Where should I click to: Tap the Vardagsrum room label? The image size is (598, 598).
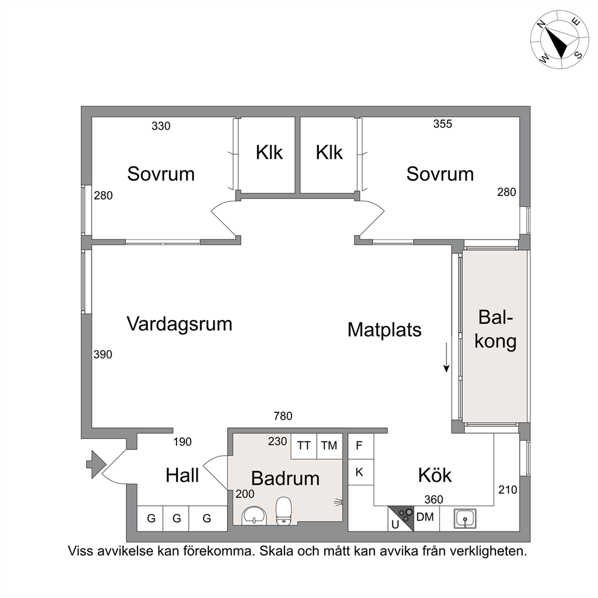179,324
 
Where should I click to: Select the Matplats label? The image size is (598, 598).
385,330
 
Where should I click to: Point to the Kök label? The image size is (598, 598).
435,475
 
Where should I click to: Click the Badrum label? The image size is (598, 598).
285,478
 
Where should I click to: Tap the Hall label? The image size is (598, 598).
182,476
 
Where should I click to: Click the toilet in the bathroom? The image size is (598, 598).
284,511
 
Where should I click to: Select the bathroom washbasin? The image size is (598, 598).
254,515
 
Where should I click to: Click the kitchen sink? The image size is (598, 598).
465,518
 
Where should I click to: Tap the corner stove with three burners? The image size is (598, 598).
401,518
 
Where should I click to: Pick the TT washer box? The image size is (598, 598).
304,446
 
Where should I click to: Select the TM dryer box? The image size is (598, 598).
329,446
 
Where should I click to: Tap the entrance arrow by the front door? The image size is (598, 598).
96,464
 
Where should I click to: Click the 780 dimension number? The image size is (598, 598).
283,416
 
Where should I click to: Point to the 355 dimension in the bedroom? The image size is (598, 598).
442,124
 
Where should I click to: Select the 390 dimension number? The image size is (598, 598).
103,354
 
